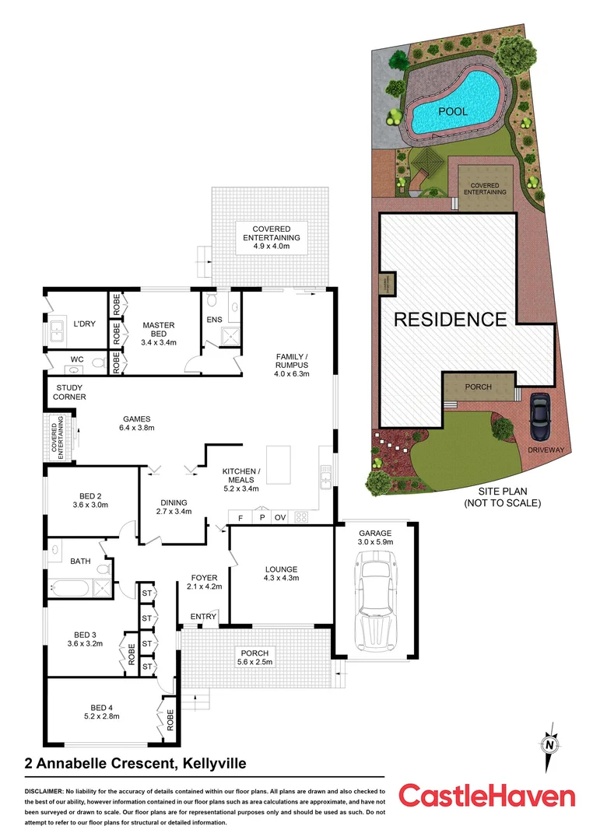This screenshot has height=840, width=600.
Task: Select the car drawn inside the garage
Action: pos(374,600)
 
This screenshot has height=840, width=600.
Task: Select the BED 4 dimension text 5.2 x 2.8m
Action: pos(93,717)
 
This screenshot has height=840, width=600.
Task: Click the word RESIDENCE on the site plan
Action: pos(450,319)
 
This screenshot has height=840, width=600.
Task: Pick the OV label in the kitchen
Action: pos(281,516)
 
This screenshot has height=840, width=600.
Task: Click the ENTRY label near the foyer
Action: pos(203,617)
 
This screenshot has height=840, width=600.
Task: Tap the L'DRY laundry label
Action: pos(84,324)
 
